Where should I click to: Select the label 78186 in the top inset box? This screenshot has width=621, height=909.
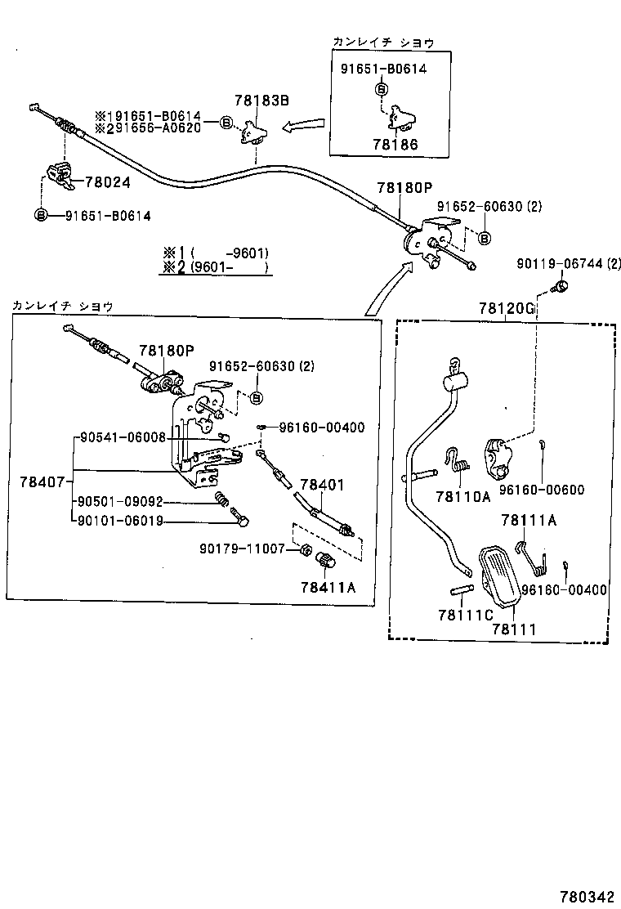click(x=395, y=144)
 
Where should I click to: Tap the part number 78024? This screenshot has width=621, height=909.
click(x=106, y=183)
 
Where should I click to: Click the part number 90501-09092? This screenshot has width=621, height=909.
click(x=121, y=502)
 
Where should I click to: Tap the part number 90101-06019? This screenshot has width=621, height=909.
click(x=121, y=521)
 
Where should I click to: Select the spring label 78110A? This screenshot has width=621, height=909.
click(x=462, y=496)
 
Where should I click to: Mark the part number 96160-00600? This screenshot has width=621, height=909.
click(x=542, y=490)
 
